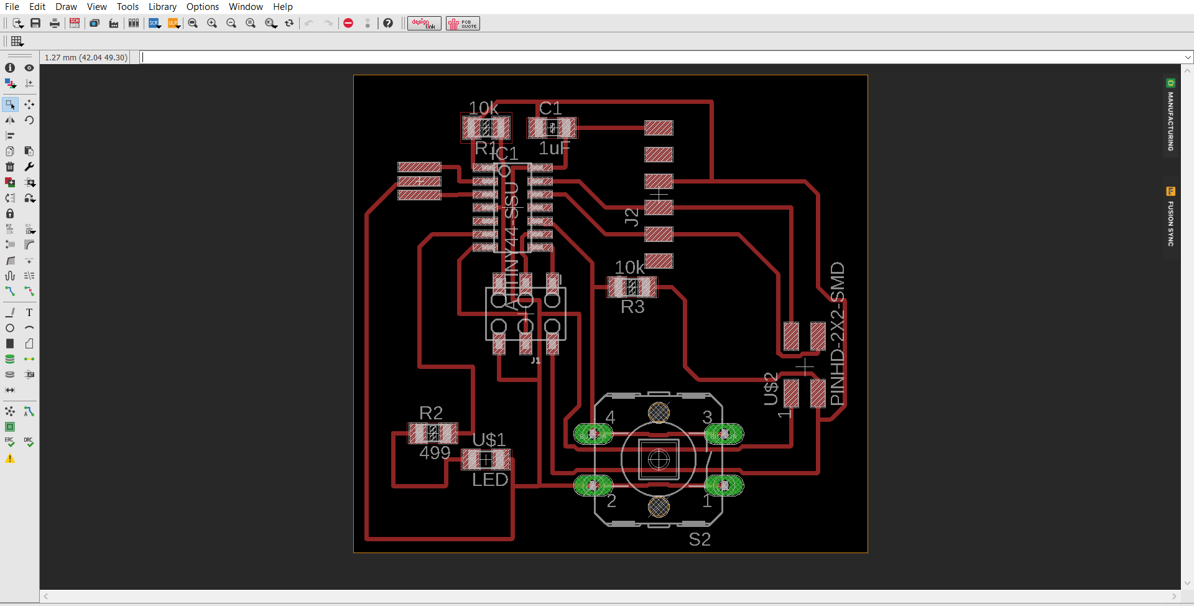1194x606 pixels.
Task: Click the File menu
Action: (x=12, y=7)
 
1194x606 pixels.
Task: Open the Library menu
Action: (x=162, y=7)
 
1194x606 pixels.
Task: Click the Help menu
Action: (x=282, y=7)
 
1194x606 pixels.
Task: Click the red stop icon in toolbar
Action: (x=348, y=23)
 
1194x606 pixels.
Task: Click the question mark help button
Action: (x=388, y=23)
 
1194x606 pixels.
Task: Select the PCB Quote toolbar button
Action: (x=463, y=24)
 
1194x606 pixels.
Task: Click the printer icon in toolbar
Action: (x=55, y=23)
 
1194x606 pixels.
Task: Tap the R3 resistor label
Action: (x=632, y=307)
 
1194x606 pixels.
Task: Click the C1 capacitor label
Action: (x=550, y=108)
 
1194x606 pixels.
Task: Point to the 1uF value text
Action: (x=553, y=148)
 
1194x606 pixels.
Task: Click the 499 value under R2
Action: (x=435, y=452)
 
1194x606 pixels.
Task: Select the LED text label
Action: (x=490, y=480)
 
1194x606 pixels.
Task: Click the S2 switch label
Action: (x=700, y=539)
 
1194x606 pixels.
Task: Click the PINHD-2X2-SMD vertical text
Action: (x=838, y=333)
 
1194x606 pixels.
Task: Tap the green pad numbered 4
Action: (x=593, y=434)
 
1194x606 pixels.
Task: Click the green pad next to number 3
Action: (x=724, y=434)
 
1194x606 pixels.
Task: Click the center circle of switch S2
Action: (x=659, y=460)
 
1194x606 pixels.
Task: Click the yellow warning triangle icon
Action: (x=10, y=459)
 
